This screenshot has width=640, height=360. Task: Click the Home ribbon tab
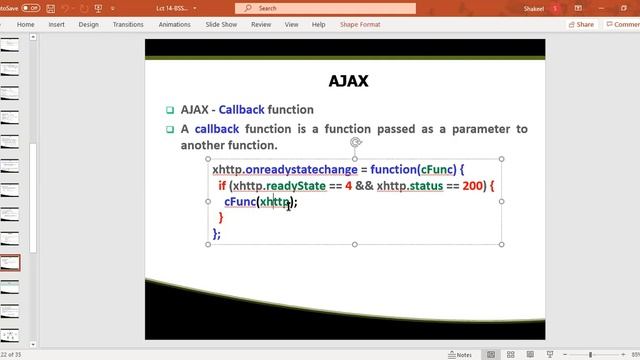[26, 24]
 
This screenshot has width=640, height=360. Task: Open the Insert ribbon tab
[57, 24]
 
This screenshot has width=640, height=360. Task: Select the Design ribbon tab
[88, 24]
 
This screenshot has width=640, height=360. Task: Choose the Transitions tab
[128, 24]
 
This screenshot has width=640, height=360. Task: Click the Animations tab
[174, 24]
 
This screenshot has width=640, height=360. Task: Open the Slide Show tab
[222, 24]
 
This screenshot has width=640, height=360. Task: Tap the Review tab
[261, 24]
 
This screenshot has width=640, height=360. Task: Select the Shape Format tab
[359, 24]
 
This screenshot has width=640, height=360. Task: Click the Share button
[581, 24]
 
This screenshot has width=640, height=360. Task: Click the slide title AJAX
[348, 81]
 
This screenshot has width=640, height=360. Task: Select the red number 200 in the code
[474, 186]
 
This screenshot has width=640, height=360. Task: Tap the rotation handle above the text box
[355, 143]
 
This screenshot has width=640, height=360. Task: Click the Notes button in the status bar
[461, 354]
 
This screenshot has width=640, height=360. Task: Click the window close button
[629, 8]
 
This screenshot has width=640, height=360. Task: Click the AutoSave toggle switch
[31, 8]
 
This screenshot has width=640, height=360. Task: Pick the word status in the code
[433, 186]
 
